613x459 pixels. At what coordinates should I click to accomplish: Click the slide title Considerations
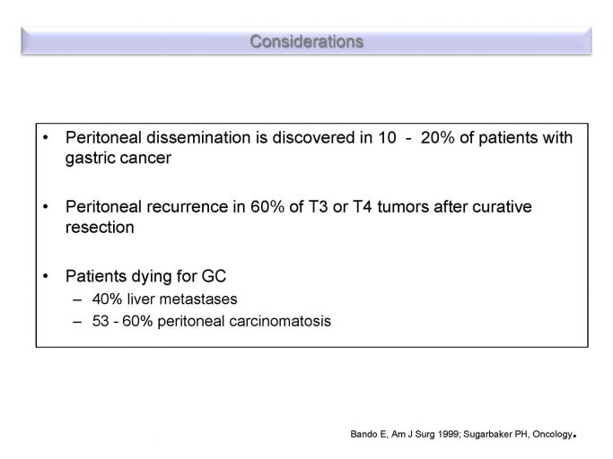(307, 41)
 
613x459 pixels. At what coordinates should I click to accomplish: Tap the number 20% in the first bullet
(437, 137)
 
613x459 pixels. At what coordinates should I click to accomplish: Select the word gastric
(90, 159)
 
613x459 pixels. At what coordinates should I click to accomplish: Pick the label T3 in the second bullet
(318, 207)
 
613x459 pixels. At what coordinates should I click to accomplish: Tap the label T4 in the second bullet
(362, 207)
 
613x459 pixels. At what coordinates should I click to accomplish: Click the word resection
(100, 228)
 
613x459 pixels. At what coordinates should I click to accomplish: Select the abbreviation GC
(214, 276)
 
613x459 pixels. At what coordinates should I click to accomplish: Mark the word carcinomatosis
(280, 321)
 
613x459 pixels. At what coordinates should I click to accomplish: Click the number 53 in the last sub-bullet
(101, 321)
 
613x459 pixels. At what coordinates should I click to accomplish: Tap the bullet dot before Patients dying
(46, 276)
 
